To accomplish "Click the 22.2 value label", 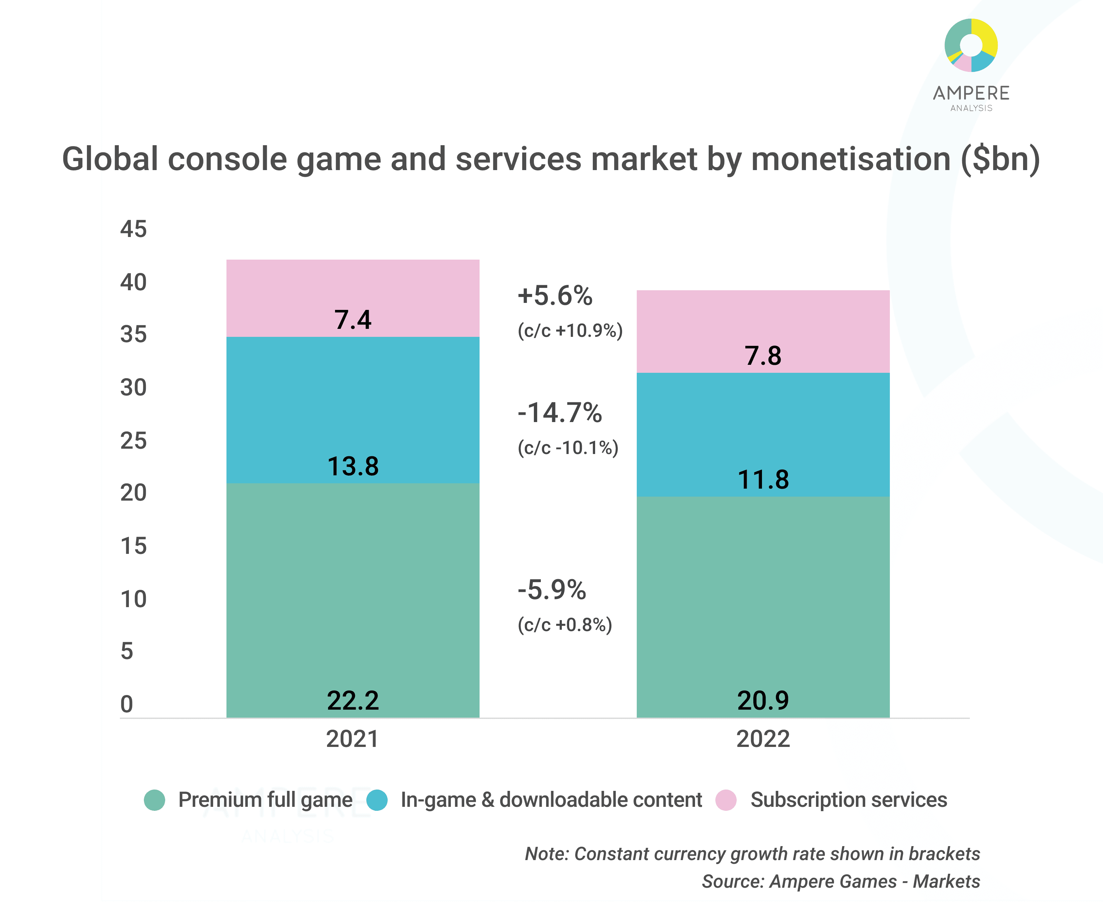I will pyautogui.click(x=352, y=700).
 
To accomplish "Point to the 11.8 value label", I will pyautogui.click(x=763, y=479).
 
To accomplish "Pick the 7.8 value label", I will pyautogui.click(x=763, y=355).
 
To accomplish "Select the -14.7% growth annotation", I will pyautogui.click(x=559, y=413).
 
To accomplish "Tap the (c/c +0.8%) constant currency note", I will pyautogui.click(x=564, y=625).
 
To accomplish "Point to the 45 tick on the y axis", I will pyautogui.click(x=134, y=229).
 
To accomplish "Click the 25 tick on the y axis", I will pyautogui.click(x=134, y=440).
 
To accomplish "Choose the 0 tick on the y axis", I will pyautogui.click(x=127, y=704).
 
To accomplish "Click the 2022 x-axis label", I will pyautogui.click(x=763, y=739).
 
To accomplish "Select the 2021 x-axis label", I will pyautogui.click(x=352, y=739).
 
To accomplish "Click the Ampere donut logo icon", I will pyautogui.click(x=971, y=45).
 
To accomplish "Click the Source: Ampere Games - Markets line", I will pyautogui.click(x=840, y=881).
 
